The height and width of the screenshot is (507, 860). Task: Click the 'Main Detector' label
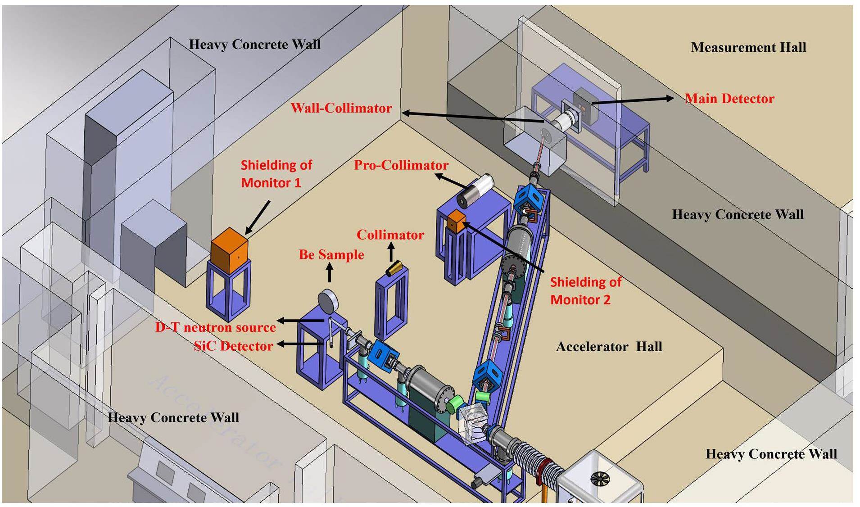(729, 99)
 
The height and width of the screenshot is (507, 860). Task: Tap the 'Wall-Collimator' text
(341, 108)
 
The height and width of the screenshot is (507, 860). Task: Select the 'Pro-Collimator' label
(401, 165)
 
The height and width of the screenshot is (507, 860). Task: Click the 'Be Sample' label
(331, 254)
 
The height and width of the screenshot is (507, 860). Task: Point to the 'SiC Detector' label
(233, 346)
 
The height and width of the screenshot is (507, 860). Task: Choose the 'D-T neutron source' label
(215, 327)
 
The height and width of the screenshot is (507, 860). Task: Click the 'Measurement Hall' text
(748, 47)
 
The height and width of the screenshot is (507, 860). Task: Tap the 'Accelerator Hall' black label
(609, 346)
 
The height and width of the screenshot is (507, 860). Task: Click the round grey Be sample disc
(328, 301)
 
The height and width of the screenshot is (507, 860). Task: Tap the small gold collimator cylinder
(394, 268)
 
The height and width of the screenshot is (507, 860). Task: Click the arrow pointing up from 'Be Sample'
(330, 272)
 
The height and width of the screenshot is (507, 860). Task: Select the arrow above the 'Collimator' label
(390, 252)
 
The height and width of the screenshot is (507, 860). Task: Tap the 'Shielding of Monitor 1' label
(276, 174)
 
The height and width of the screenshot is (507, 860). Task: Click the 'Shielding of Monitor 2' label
(585, 291)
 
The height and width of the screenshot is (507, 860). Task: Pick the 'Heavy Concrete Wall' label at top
(254, 44)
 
